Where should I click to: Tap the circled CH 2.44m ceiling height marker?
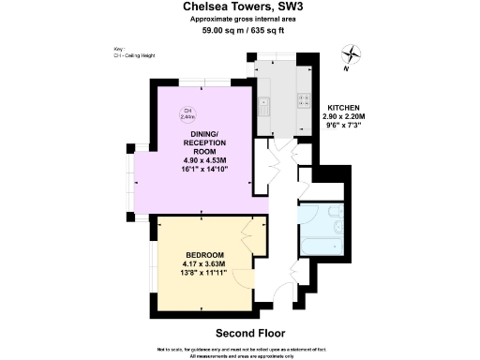pyautogui.click(x=187, y=114)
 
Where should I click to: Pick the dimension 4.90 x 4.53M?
pyautogui.click(x=204, y=160)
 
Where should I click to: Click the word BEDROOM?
pyautogui.click(x=204, y=255)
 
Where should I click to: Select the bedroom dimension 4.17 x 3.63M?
pyautogui.click(x=204, y=263)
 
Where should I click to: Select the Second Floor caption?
pyautogui.click(x=249, y=333)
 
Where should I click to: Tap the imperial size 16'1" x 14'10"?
pyautogui.click(x=204, y=170)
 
